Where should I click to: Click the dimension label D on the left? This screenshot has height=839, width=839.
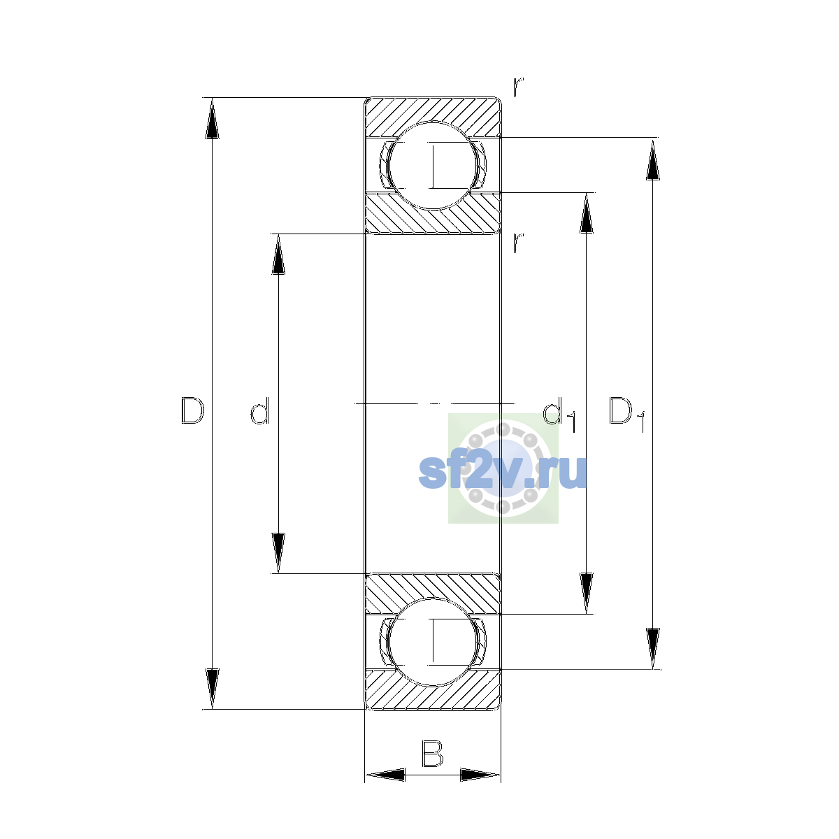pos(192,410)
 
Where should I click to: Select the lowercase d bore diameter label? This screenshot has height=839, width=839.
pos(260,410)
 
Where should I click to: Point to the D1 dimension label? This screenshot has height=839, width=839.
pos(626,414)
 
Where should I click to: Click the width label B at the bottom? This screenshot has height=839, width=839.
pos(432,754)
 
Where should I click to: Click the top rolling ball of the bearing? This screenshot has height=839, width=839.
pos(433,166)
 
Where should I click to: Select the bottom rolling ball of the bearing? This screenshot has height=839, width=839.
pos(433,643)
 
